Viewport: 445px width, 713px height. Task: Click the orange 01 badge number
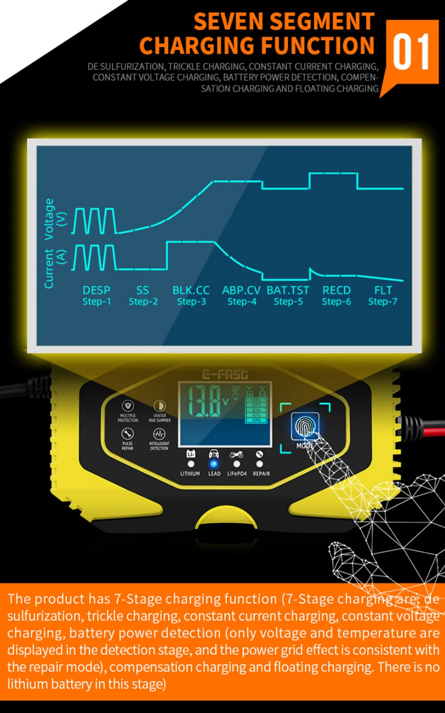(x=411, y=53)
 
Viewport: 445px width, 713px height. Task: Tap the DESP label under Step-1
(x=96, y=290)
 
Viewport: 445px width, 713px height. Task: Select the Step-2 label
(x=143, y=302)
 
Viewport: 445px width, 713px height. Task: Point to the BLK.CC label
(x=191, y=290)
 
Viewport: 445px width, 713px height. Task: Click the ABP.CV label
(x=241, y=290)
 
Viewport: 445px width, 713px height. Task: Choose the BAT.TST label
(x=288, y=290)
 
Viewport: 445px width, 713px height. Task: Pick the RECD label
(x=337, y=290)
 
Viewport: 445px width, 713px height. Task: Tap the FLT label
(x=383, y=290)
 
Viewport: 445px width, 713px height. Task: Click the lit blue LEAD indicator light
(x=214, y=464)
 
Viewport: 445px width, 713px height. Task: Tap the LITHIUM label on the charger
(x=190, y=474)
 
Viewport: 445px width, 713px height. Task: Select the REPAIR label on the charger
(x=261, y=474)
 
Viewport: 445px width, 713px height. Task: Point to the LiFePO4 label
(x=237, y=474)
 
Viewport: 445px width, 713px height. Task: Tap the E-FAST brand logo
(x=225, y=375)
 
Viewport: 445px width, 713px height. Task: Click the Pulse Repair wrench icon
(x=128, y=433)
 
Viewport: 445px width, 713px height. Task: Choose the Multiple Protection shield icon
(x=128, y=406)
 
